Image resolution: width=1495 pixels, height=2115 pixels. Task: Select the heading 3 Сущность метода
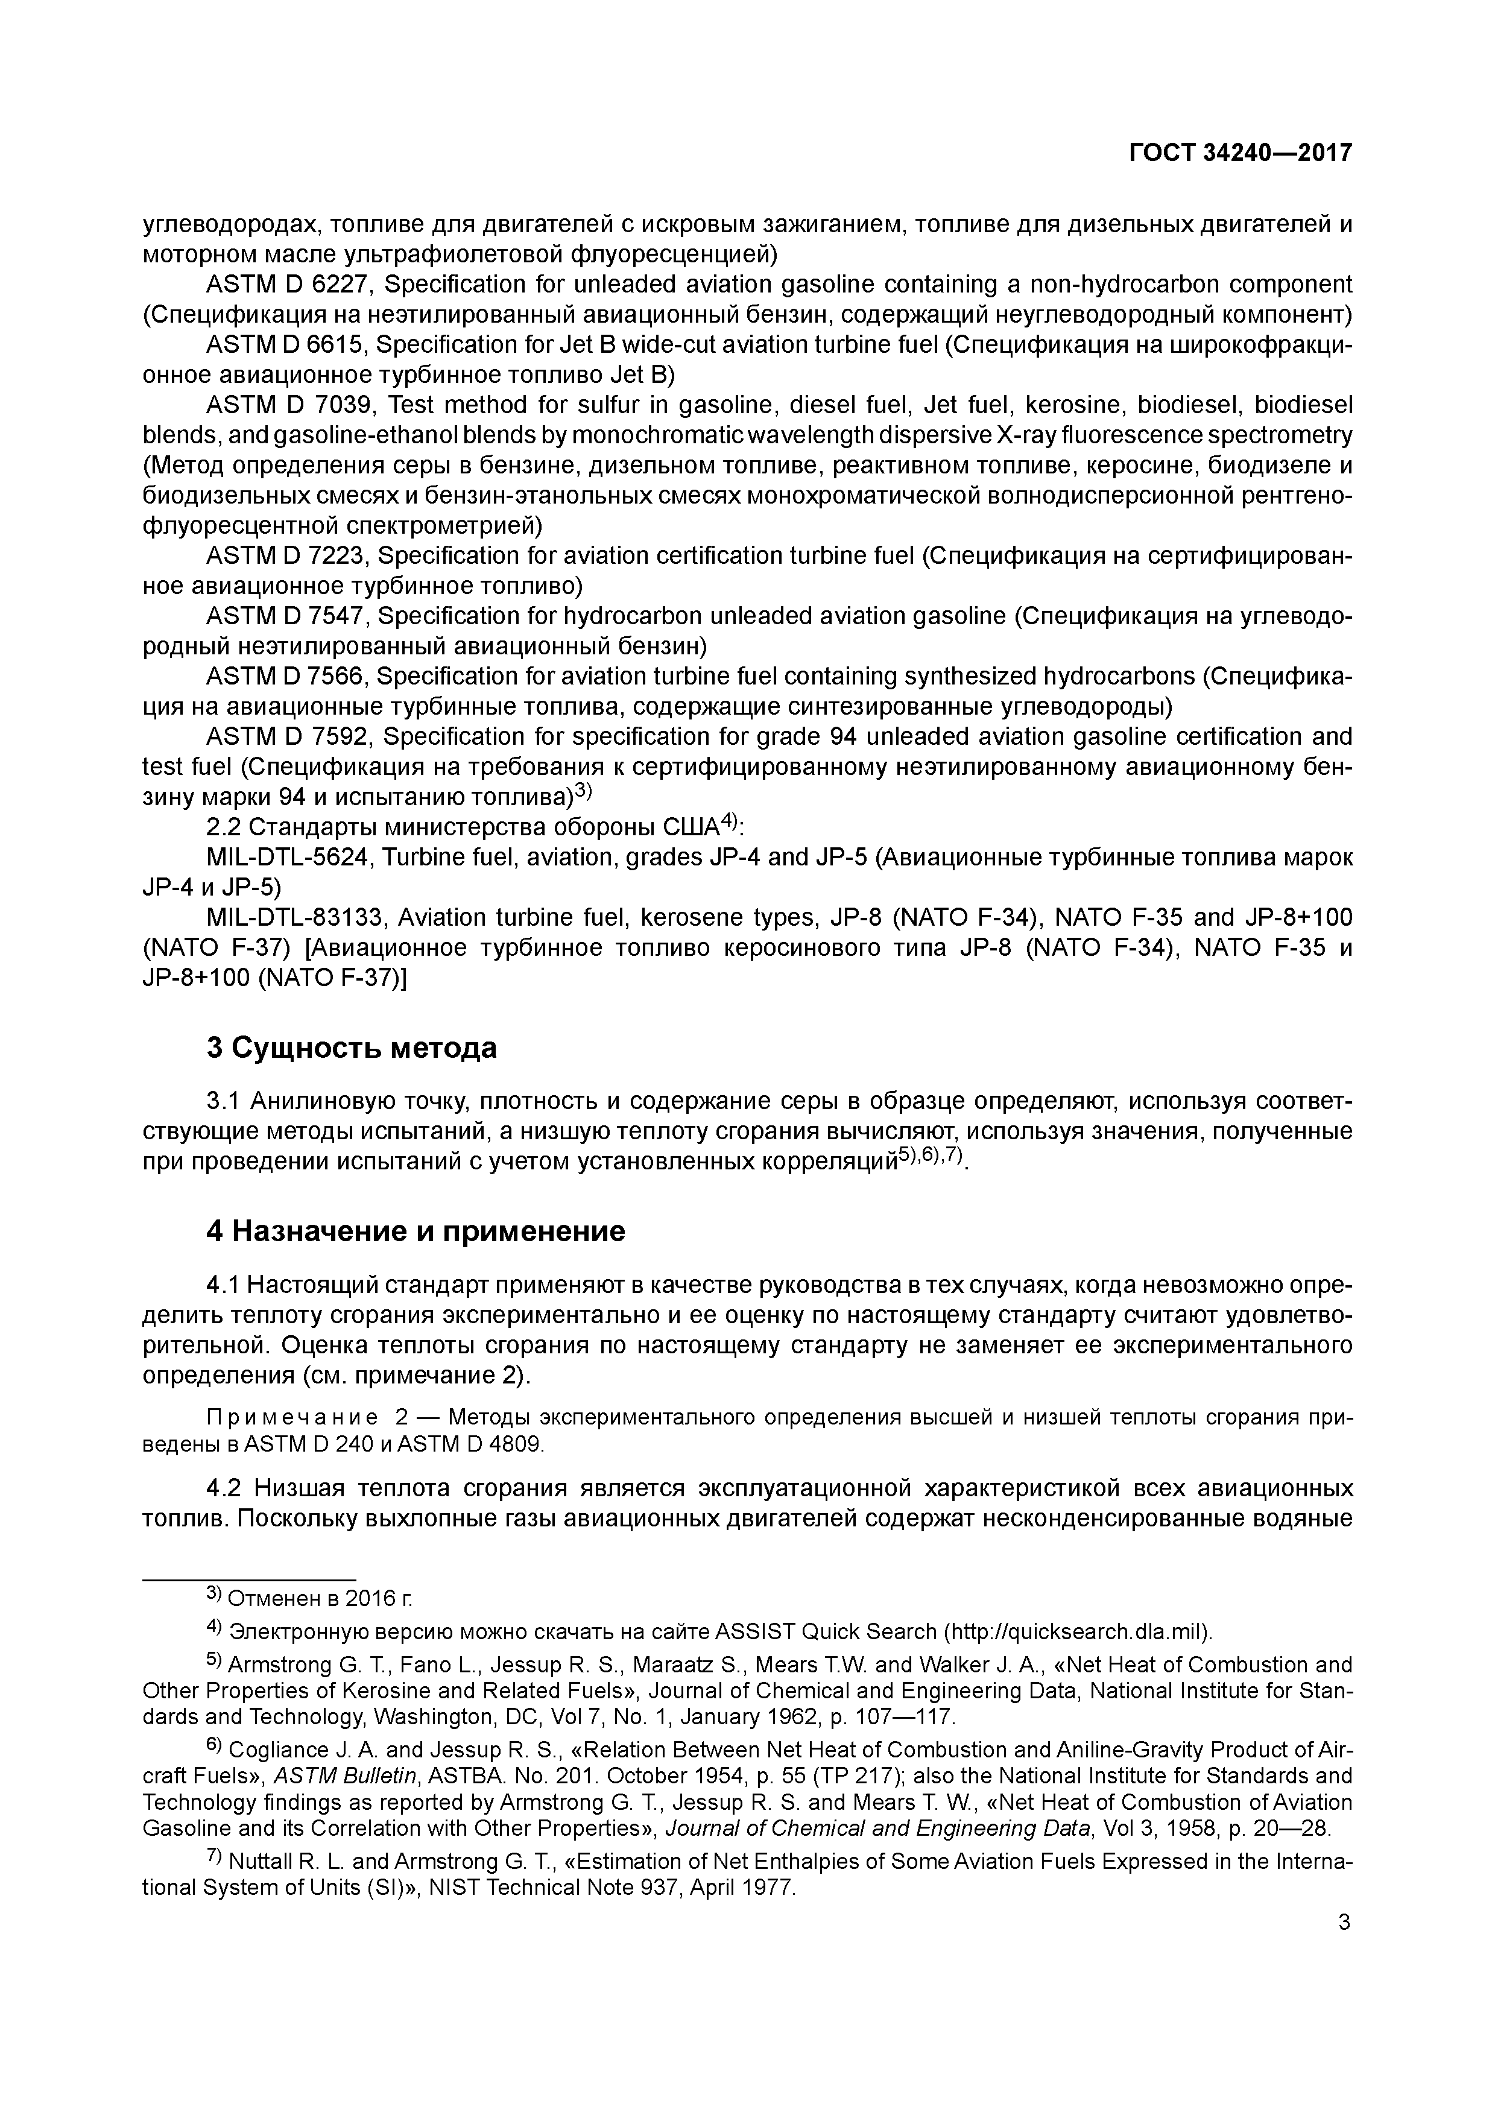[351, 1048]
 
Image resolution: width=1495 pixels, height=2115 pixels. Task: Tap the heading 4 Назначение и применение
[416, 1231]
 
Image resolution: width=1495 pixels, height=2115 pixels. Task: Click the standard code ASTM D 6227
[286, 285]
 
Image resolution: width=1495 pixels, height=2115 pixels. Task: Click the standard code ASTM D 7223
[286, 557]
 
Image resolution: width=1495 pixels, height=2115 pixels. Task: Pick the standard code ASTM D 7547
[286, 616]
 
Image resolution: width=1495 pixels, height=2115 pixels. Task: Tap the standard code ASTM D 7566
[286, 677]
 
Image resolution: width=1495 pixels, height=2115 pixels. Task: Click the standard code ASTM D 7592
[286, 737]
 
